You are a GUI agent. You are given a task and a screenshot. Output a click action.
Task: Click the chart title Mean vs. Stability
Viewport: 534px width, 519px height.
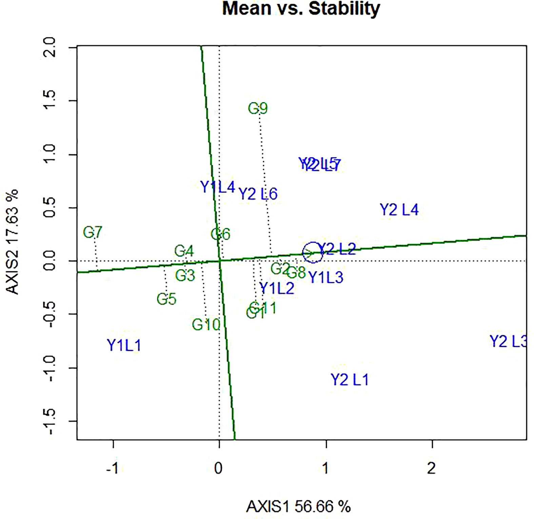tap(301, 8)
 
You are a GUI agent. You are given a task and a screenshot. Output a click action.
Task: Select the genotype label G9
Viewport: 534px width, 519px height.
tap(258, 109)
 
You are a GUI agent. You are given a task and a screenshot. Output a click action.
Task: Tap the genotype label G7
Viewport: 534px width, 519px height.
tap(93, 233)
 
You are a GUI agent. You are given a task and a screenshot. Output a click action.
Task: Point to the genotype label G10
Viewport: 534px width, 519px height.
tap(206, 325)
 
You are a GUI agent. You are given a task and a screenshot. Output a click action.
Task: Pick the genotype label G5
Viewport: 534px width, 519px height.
tap(166, 299)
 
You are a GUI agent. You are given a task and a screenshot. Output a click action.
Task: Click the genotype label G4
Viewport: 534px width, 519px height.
tap(184, 251)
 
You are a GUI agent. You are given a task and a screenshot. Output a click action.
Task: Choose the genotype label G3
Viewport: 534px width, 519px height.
tap(185, 275)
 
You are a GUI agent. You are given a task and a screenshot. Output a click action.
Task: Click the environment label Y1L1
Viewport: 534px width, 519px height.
tap(124, 346)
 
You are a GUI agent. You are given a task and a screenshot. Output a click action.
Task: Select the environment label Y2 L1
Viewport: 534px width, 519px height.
tap(350, 380)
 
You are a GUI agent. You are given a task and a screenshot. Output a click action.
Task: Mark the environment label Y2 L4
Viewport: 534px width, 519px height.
tap(399, 210)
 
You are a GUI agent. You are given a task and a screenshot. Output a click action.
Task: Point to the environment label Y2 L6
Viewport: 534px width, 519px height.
tap(258, 194)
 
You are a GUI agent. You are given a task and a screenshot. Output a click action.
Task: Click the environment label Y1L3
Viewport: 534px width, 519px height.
tap(326, 278)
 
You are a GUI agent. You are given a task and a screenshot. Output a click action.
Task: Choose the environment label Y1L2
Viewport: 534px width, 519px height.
tap(277, 288)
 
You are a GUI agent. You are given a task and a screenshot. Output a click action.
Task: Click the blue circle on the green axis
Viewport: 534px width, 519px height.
tap(313, 253)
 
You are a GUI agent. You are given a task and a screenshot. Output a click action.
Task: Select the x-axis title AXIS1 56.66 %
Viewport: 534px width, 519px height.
tap(298, 507)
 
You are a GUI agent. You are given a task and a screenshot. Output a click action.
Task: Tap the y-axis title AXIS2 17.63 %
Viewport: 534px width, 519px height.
tap(13, 242)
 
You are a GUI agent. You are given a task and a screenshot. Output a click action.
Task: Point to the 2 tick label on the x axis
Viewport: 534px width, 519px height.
tap(431, 468)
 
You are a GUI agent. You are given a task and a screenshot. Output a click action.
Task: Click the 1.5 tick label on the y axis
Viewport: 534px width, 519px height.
tap(50, 101)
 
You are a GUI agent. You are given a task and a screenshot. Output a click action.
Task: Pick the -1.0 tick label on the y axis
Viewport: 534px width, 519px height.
tap(50, 368)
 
